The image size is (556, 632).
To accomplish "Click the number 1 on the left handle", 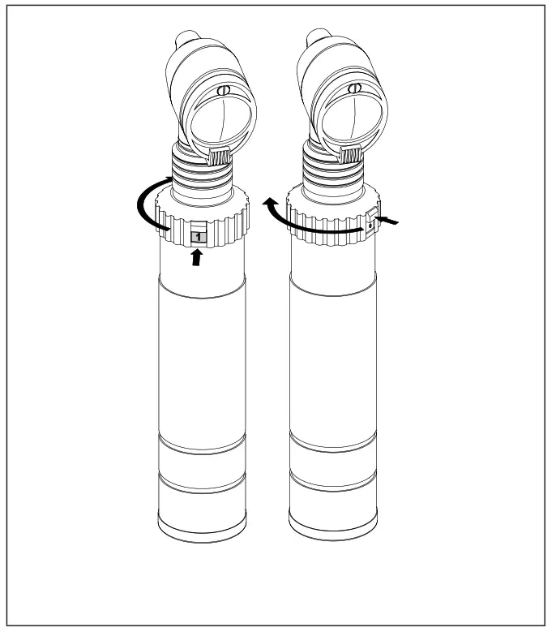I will [197, 236].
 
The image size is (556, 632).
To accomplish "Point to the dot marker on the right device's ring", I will [369, 227].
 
